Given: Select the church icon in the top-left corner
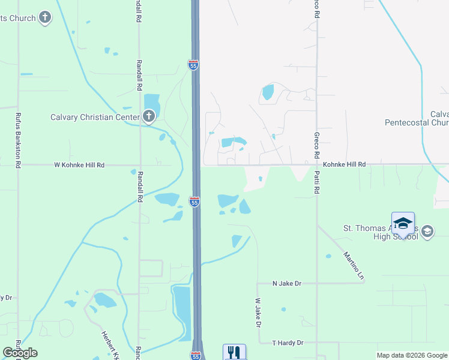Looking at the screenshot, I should point(45,17).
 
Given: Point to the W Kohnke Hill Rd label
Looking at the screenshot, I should point(79,164).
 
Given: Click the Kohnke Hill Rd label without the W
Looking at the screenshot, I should point(344,164).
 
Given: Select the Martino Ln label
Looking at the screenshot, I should point(354,266).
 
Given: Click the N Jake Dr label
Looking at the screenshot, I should point(286,283).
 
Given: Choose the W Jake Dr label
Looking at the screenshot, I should point(258,313).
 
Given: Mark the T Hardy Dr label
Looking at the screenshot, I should point(288,343).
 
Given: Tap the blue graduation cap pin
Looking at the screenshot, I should point(403,223).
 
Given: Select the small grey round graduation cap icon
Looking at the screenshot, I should point(427,232).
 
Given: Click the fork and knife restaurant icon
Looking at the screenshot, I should point(234,352).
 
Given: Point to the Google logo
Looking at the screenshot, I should point(20,353).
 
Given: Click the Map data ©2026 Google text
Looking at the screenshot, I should point(412,355).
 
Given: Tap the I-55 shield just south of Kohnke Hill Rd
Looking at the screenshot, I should point(194,202).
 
